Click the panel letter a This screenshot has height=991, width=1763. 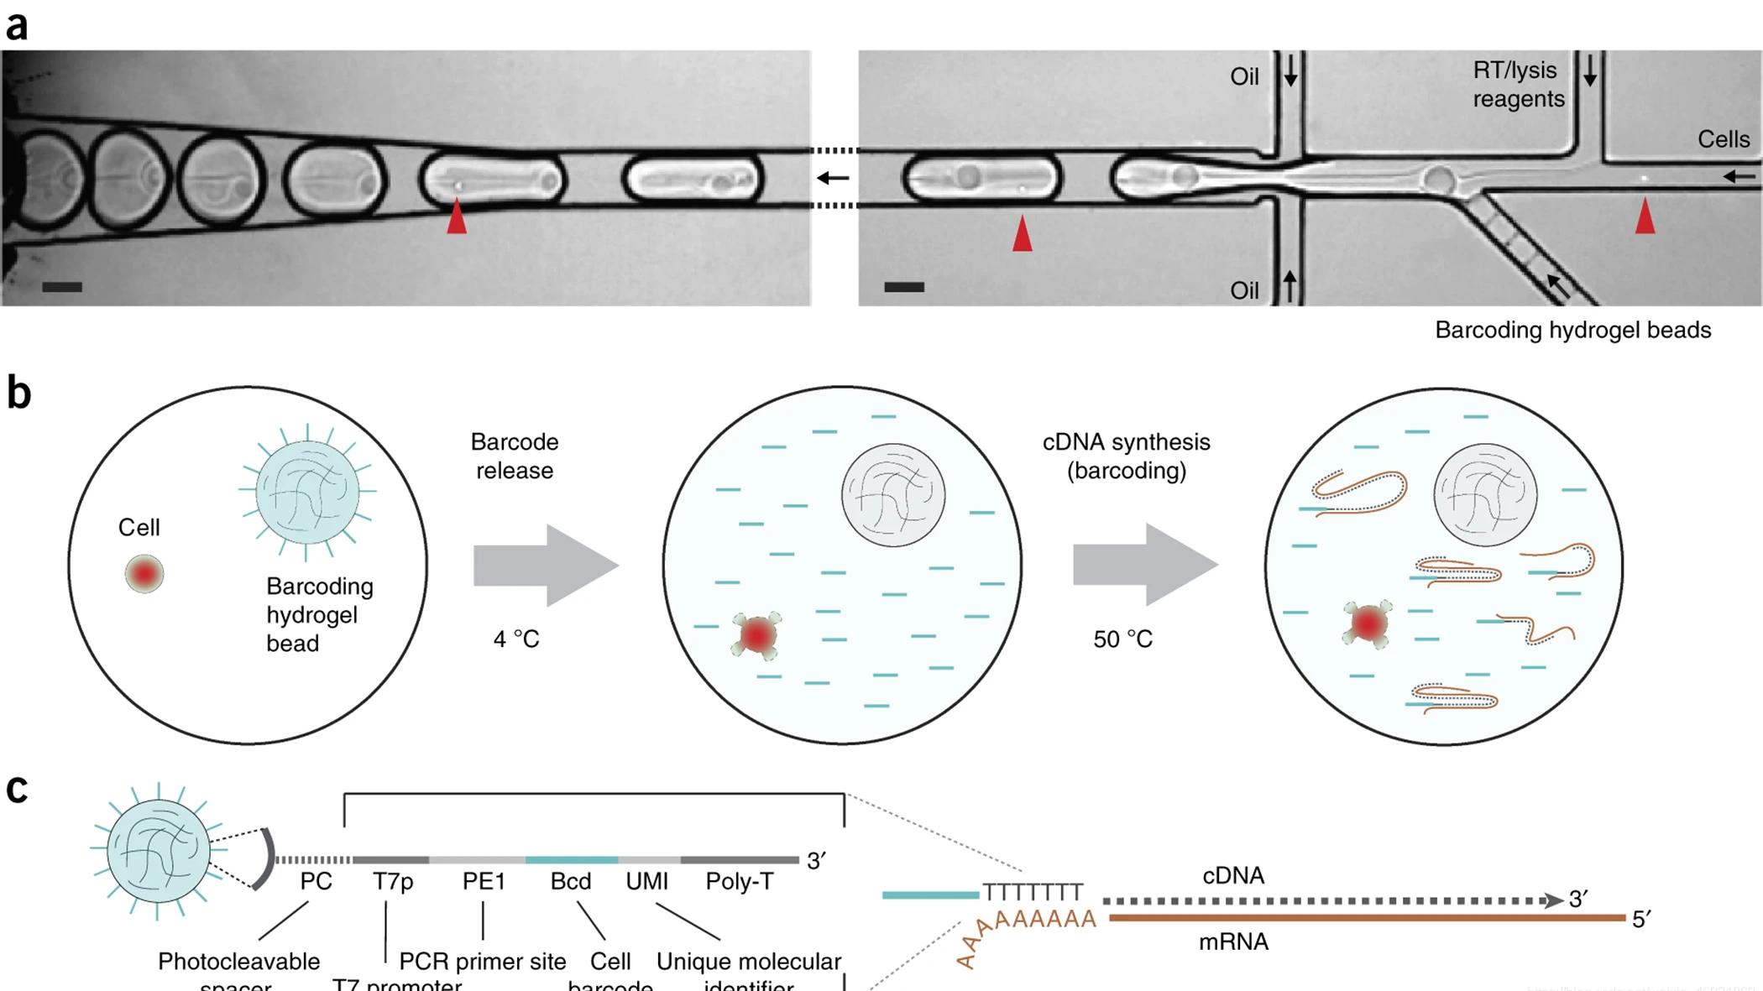(x=17, y=25)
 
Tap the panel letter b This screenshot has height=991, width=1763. (x=18, y=393)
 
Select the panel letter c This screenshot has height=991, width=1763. (x=17, y=789)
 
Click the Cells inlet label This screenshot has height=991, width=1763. (x=1724, y=139)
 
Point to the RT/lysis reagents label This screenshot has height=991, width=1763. (x=1518, y=85)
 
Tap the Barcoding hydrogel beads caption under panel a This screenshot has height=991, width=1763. (x=1572, y=331)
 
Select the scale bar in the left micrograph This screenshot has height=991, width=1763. (x=62, y=287)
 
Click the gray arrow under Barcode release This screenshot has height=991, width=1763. (x=546, y=566)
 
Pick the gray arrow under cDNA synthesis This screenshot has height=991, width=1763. (x=1145, y=566)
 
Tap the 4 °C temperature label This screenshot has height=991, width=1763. (x=516, y=639)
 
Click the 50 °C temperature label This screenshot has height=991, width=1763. (x=1122, y=639)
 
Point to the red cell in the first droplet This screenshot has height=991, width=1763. (x=144, y=574)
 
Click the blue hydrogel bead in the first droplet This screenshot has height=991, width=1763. (x=307, y=493)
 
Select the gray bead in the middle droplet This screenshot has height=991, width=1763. (x=893, y=495)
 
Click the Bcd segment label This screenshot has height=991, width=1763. (x=571, y=882)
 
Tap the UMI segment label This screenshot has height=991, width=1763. (x=646, y=882)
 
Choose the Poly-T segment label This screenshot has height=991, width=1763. (x=739, y=882)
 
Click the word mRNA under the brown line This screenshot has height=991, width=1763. (x=1233, y=942)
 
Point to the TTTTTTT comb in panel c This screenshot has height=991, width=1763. (x=1033, y=891)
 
